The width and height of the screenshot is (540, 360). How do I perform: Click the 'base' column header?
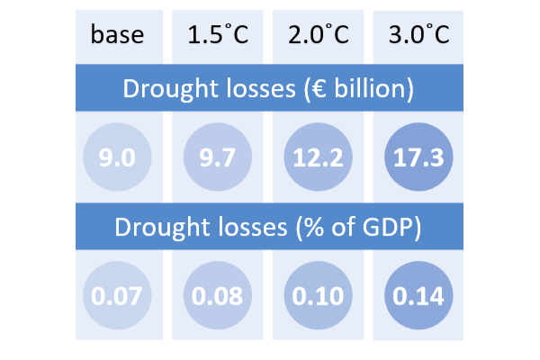(116, 37)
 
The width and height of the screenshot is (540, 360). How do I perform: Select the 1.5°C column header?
(218, 37)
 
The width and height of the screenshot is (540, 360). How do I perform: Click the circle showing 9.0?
(117, 158)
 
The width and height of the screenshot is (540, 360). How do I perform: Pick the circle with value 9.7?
(218, 158)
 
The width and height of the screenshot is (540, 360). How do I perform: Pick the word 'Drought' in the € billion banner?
(162, 89)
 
